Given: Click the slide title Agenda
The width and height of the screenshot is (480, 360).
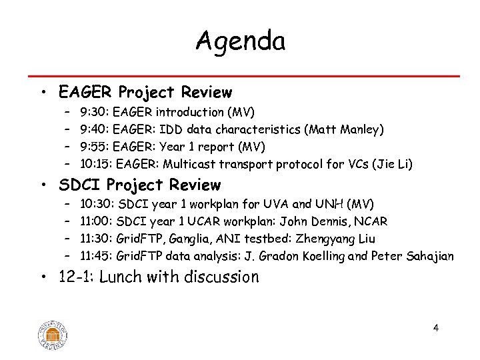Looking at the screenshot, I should coord(240,41).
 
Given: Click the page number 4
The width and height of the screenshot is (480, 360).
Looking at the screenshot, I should coord(435,327).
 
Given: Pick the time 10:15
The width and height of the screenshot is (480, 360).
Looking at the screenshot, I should coord(95,163).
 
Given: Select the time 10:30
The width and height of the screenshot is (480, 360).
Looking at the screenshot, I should coord(97,203).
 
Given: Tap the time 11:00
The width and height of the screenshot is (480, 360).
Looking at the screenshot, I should coord(96,221).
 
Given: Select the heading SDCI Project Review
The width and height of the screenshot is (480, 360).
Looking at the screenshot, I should coord(139,185).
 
